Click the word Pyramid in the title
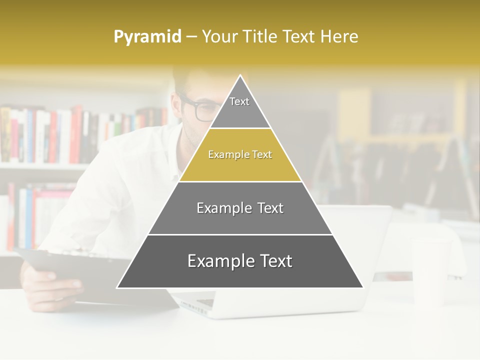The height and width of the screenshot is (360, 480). click(x=147, y=37)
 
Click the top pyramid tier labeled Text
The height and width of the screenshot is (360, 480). click(x=239, y=105)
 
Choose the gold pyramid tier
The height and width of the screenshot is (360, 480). click(x=240, y=155)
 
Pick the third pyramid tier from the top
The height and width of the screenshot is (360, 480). click(x=240, y=208)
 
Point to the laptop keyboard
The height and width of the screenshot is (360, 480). click(x=200, y=302)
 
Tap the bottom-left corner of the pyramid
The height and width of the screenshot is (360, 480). click(x=118, y=287)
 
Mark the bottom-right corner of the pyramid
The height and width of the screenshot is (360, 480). click(x=362, y=287)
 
